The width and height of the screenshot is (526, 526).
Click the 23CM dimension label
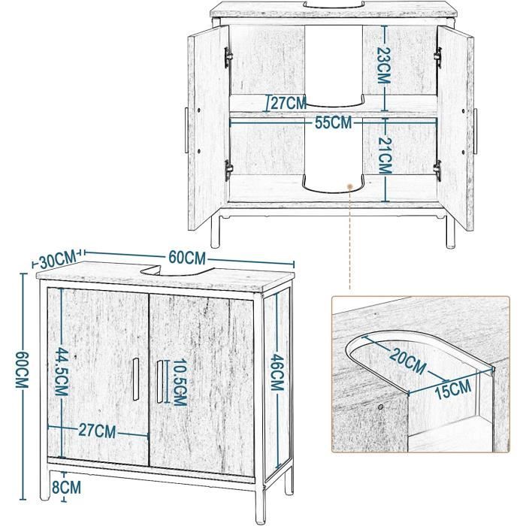384,65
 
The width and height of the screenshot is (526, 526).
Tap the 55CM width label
334,122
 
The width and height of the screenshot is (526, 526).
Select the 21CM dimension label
385,156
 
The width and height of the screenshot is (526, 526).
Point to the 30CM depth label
58,260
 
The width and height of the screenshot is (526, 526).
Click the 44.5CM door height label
62,372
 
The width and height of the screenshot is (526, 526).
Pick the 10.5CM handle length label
180,382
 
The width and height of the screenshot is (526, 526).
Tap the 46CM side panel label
277,373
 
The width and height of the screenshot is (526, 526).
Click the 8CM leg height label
66,487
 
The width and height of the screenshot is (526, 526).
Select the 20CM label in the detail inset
407,361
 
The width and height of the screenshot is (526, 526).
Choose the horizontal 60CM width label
187,258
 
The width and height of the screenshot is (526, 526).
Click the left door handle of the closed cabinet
136,379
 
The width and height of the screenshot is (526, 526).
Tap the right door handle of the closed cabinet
159,382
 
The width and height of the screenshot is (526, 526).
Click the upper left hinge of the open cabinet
228,57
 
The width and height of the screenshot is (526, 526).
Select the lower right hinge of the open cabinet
437,171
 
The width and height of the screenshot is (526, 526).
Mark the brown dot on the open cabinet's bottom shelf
350,186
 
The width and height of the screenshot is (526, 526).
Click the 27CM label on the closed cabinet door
97,431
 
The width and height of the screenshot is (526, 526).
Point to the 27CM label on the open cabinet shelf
289,103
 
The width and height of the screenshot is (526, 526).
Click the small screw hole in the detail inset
380,407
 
